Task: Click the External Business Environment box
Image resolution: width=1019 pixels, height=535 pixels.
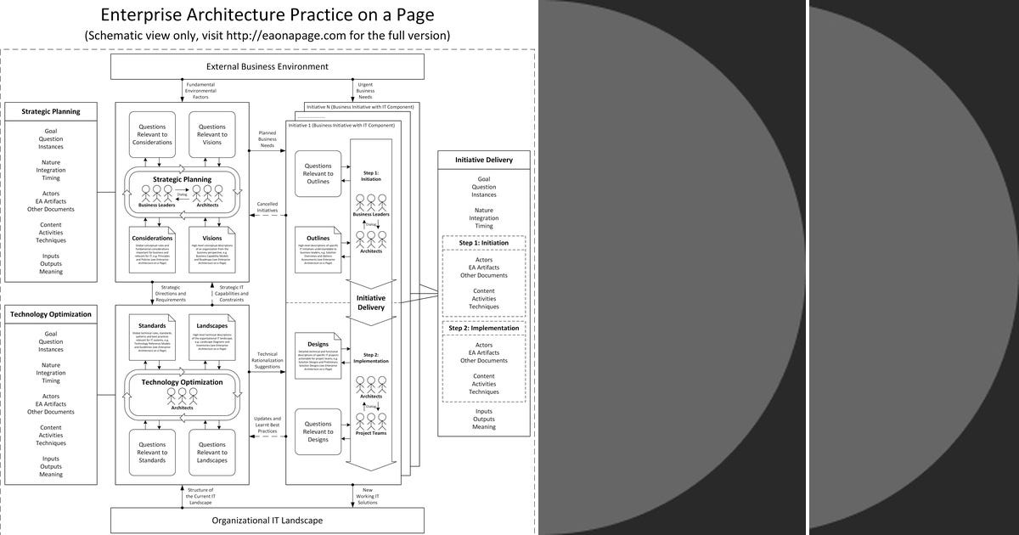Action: [267, 67]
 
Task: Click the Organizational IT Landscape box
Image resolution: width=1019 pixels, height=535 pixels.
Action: [267, 520]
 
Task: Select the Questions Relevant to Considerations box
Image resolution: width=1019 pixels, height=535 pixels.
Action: [153, 134]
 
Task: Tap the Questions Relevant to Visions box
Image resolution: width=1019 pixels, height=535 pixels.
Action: [211, 134]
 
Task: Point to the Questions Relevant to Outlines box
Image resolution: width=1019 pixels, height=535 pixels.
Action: [318, 173]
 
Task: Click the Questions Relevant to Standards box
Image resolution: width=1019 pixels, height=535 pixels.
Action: [153, 452]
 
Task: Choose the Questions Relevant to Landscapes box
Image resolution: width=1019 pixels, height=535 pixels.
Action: [211, 452]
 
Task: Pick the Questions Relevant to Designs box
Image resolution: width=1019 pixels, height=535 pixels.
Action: [318, 431]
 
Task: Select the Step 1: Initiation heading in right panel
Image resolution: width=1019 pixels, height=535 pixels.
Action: [484, 243]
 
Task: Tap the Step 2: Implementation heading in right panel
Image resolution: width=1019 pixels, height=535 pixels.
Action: [484, 328]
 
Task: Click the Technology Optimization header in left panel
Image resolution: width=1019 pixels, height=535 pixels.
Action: [51, 314]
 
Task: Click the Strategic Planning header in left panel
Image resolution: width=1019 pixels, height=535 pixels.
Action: [51, 111]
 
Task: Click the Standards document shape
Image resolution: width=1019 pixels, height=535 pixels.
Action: [153, 337]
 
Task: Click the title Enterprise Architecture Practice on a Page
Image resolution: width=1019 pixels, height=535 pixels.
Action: [267, 15]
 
